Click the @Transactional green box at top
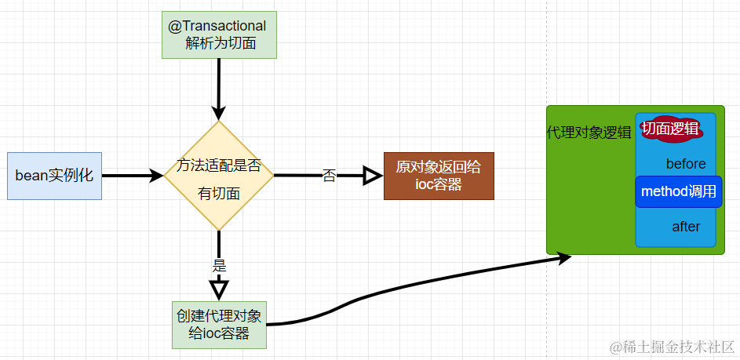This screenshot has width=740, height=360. tap(218, 35)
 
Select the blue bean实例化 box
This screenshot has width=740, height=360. tap(54, 176)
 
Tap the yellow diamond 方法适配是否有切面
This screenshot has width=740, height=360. tap(218, 176)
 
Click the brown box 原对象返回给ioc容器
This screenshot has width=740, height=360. tap(439, 176)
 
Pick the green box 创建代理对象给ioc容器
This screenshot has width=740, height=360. tap(219, 325)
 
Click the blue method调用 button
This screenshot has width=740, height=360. tap(678, 192)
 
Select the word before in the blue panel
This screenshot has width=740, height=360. tap(685, 164)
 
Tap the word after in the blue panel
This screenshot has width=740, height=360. tap(685, 227)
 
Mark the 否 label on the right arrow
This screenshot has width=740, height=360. tap(330, 176)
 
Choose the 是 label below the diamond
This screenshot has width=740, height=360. tap(219, 265)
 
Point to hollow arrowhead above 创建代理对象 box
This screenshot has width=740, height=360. tap(219, 289)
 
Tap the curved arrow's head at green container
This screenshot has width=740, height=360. tap(563, 258)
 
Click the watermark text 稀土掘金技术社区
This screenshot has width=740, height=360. tap(671, 346)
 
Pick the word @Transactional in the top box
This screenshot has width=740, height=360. tap(217, 26)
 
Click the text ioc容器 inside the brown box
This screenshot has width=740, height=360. tap(439, 185)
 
